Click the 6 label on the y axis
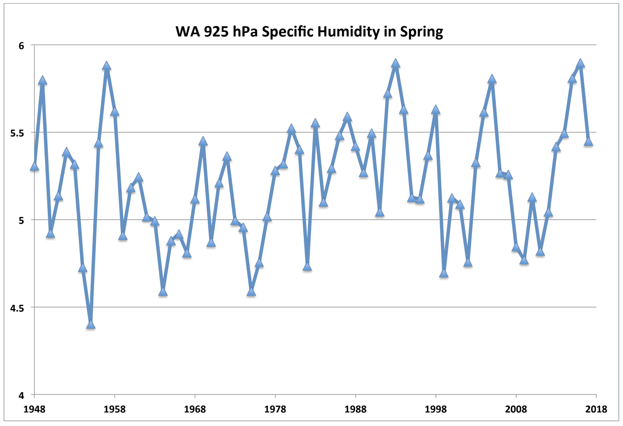point(21,45)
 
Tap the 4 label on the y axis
point(21,395)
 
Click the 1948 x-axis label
point(34,409)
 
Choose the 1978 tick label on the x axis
point(275,409)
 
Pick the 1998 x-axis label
point(435,409)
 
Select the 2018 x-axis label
point(596,409)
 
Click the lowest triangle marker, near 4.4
point(91,324)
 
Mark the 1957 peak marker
point(106,66)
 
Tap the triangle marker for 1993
point(395,63)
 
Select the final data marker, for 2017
point(588,142)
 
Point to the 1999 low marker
point(444,273)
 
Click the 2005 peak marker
point(492,79)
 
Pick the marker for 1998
point(435,110)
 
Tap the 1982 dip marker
point(307,267)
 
